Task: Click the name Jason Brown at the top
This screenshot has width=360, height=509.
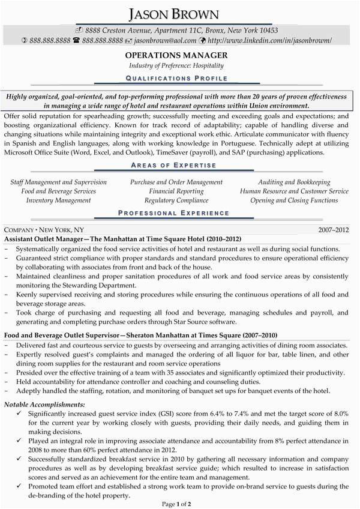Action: [180, 13]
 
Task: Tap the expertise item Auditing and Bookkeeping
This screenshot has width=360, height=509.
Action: [294, 182]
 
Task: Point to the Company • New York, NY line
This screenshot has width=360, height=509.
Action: [44, 230]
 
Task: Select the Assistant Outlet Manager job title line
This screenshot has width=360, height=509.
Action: [114, 239]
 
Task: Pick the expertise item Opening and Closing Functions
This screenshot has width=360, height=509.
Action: [294, 200]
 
